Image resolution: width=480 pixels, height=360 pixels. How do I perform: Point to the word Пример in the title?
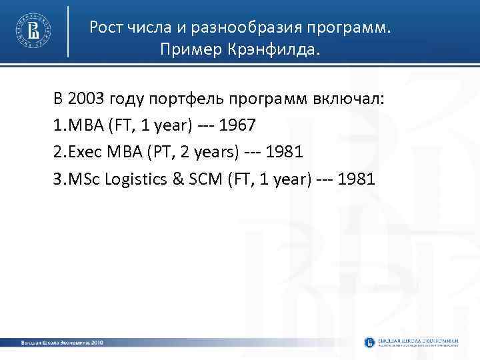coord(188,51)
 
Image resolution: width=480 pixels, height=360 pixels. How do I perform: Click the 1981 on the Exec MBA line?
coord(285,152)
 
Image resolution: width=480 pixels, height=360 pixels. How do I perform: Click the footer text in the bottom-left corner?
coord(62,342)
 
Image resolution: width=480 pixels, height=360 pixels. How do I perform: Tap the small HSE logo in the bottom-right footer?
coord(369,342)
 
